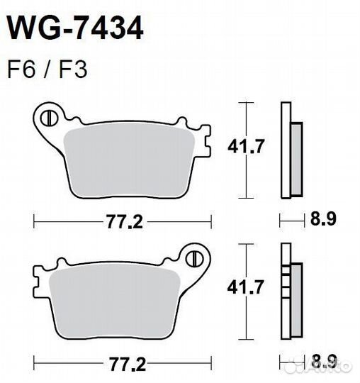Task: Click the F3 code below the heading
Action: [x=74, y=71]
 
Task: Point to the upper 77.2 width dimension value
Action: [x=125, y=221]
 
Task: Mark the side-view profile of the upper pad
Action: [x=290, y=151]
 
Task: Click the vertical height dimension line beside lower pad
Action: [x=245, y=292]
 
